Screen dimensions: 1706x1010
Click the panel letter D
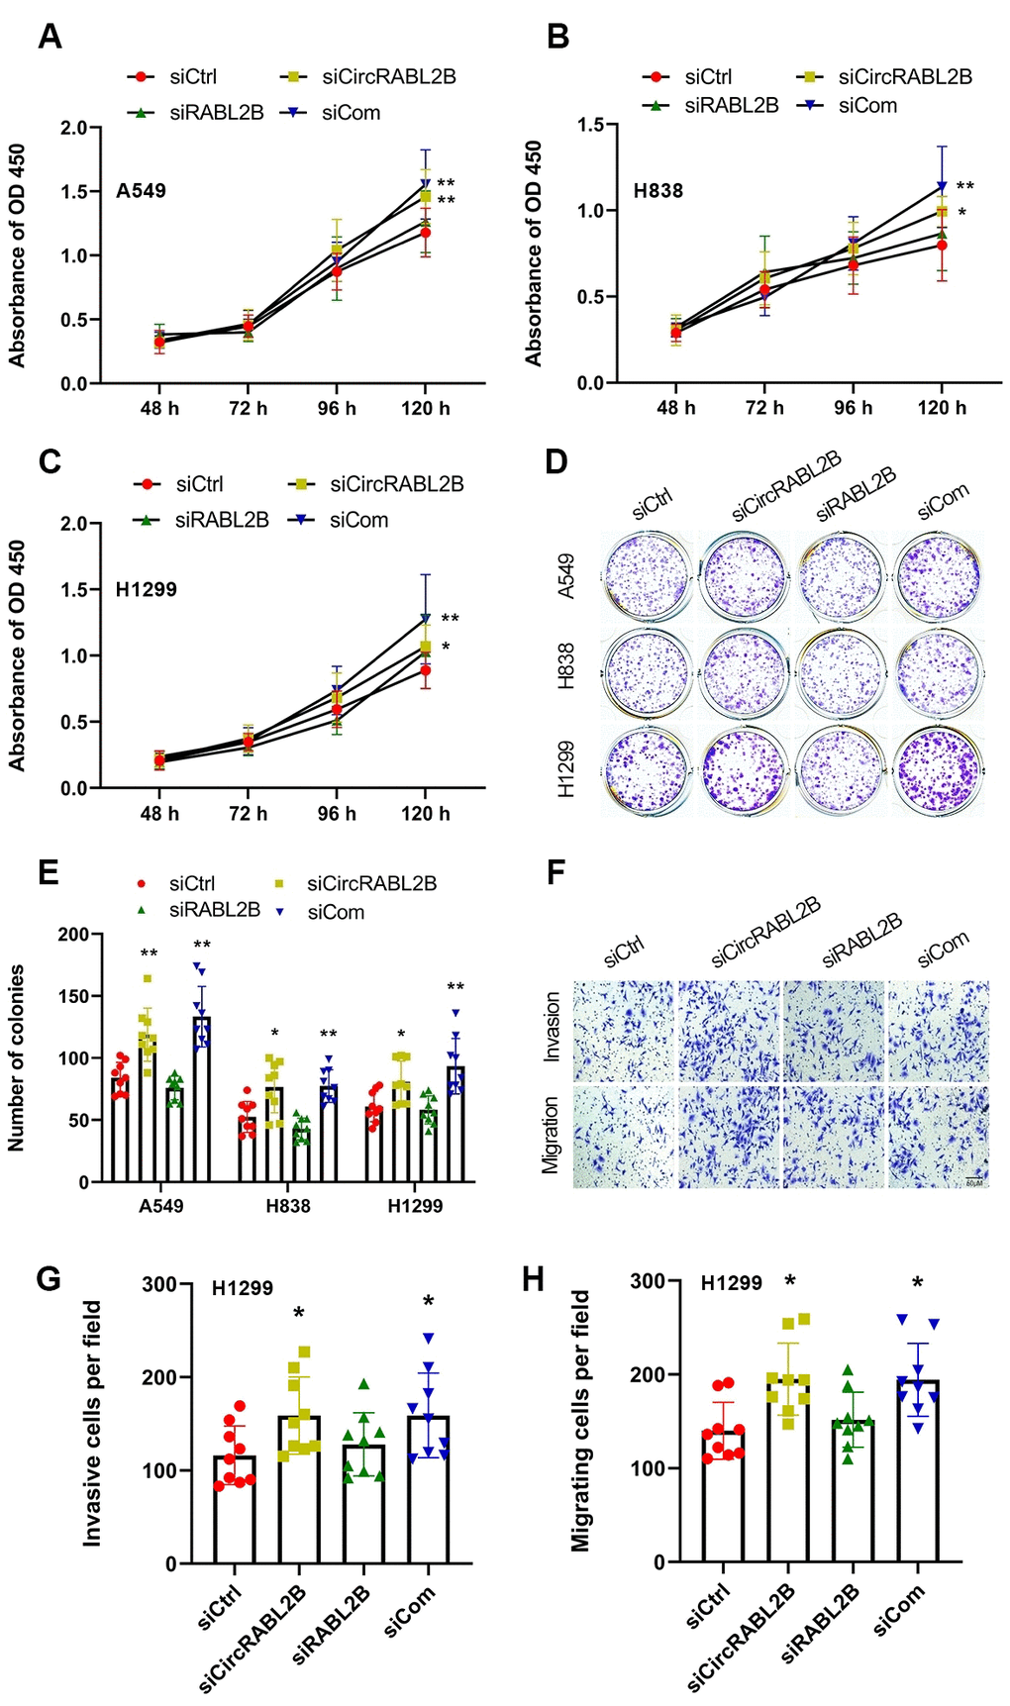click(x=556, y=461)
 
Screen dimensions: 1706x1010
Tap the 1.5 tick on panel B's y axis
click(x=591, y=125)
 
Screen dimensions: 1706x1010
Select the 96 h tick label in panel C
click(x=337, y=814)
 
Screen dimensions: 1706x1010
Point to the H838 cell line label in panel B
click(x=658, y=190)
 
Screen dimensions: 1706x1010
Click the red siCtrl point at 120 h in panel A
click(x=425, y=232)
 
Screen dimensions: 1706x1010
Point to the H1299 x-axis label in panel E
click(x=415, y=1206)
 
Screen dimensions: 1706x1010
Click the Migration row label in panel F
click(x=552, y=1135)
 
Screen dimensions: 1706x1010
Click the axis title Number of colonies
click(x=17, y=1057)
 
